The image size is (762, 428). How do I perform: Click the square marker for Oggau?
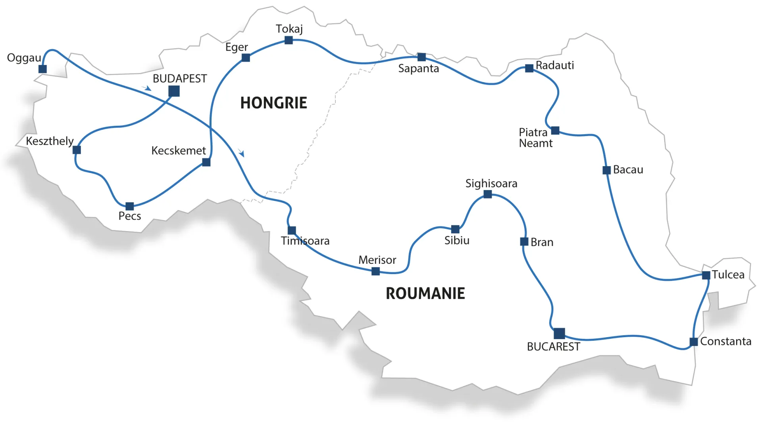(x=42, y=69)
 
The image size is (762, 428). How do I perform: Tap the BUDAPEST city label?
(x=180, y=79)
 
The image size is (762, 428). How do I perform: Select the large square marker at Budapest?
(x=174, y=91)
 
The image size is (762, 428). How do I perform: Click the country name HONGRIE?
(x=273, y=103)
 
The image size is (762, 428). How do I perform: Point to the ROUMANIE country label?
(x=425, y=294)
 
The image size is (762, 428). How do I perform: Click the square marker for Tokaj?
(x=289, y=40)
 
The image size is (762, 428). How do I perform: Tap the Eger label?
(x=237, y=47)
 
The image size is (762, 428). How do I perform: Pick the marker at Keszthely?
(x=77, y=150)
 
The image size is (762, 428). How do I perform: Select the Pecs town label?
(x=130, y=216)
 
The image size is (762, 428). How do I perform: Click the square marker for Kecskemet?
(x=206, y=162)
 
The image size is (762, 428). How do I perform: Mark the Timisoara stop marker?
(x=292, y=230)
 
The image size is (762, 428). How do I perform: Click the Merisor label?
(x=377, y=260)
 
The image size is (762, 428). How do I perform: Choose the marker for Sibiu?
(x=455, y=229)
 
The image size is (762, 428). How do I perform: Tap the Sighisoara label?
(x=491, y=184)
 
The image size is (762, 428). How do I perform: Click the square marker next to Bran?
(x=524, y=242)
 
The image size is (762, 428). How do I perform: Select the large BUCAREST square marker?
(x=559, y=333)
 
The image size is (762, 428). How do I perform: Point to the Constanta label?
(x=725, y=342)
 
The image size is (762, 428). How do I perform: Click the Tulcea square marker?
(x=706, y=275)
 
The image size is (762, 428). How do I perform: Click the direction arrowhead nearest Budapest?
(x=148, y=88)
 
